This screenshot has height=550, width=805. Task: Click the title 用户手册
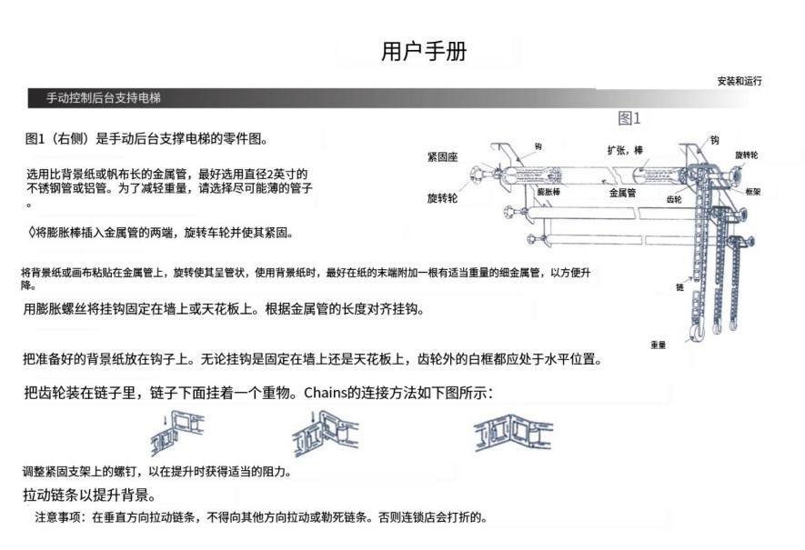pyautogui.click(x=424, y=51)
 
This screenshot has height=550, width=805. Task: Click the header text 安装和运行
pyautogui.click(x=740, y=81)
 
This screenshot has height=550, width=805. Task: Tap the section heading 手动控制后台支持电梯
pyautogui.click(x=104, y=97)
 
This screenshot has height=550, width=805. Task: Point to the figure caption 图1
pyautogui.click(x=629, y=118)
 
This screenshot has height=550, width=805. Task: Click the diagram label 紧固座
pyautogui.click(x=442, y=157)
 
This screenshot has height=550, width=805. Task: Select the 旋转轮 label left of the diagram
pyautogui.click(x=442, y=198)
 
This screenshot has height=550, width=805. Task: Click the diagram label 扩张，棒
pyautogui.click(x=625, y=150)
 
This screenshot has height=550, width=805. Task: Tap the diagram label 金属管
pyautogui.click(x=622, y=193)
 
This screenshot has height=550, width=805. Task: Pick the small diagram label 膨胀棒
pyautogui.click(x=548, y=192)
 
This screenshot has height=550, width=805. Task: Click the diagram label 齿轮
pyautogui.click(x=674, y=200)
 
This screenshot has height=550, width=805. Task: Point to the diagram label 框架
pyautogui.click(x=752, y=192)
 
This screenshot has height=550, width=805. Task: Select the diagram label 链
pyautogui.click(x=679, y=287)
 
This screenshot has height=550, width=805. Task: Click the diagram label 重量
pyautogui.click(x=659, y=345)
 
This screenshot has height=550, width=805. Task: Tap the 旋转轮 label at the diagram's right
pyautogui.click(x=746, y=155)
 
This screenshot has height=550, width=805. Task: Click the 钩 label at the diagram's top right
pyautogui.click(x=715, y=140)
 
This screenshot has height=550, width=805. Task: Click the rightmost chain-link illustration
pyautogui.click(x=512, y=433)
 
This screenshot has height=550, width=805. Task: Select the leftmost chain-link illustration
pyautogui.click(x=176, y=432)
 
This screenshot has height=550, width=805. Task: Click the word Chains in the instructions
pyautogui.click(x=326, y=393)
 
